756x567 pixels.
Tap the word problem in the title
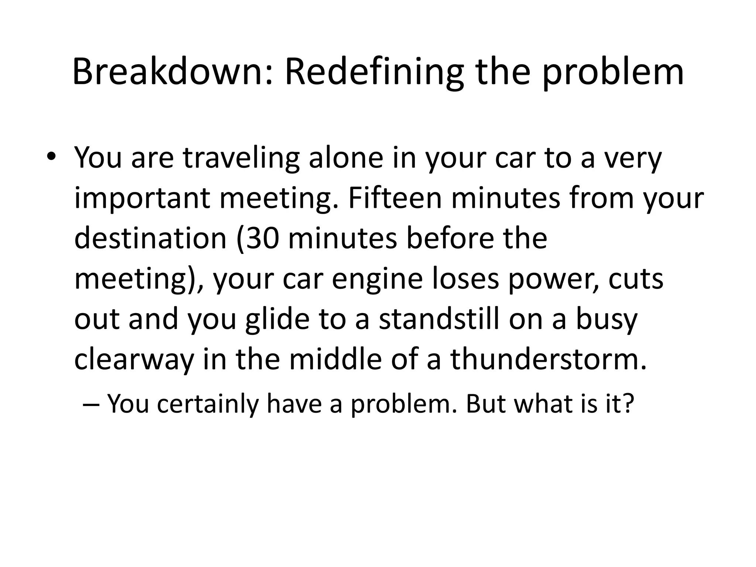click(x=613, y=73)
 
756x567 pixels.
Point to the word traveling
click(x=241, y=158)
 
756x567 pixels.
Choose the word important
click(x=142, y=199)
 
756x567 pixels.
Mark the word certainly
click(x=208, y=404)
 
